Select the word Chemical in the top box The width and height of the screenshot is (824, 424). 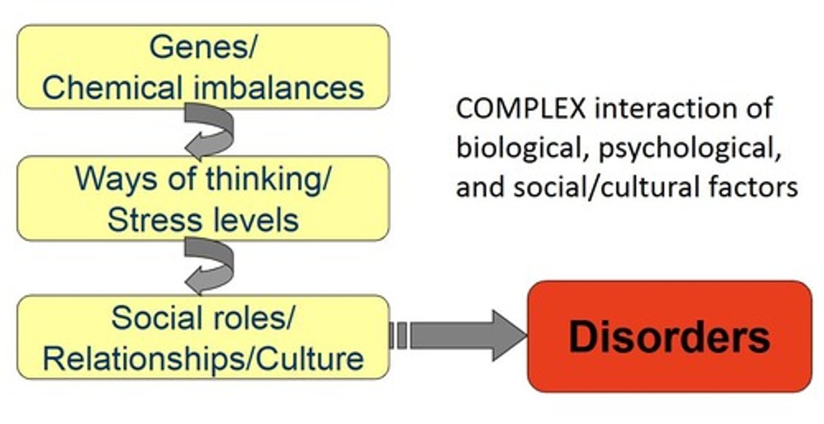(109, 88)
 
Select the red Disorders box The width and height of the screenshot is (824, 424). (669, 336)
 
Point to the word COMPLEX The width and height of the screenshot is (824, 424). (521, 109)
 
